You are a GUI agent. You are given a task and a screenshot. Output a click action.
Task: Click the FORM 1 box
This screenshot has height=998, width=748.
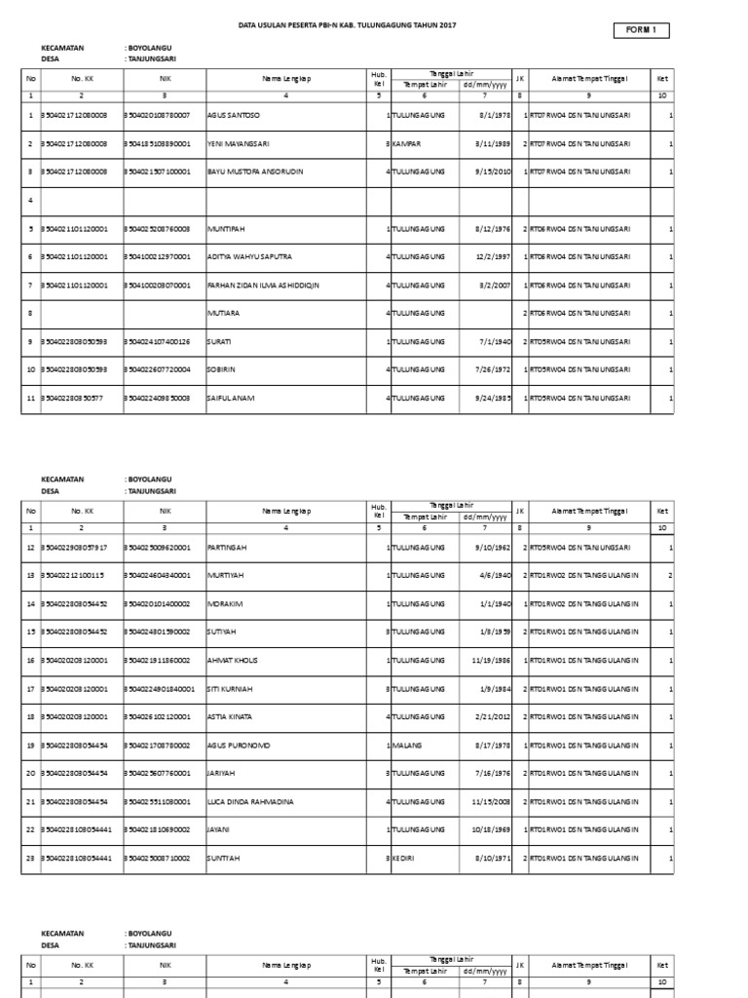(x=641, y=31)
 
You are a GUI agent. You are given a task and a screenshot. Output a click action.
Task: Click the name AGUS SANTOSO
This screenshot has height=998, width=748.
(x=234, y=115)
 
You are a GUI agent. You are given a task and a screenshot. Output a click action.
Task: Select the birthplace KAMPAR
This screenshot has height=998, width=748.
(x=407, y=143)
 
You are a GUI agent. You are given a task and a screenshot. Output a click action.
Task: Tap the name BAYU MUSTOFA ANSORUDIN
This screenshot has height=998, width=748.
(x=256, y=172)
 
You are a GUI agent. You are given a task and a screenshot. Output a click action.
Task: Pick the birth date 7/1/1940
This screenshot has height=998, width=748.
(x=493, y=341)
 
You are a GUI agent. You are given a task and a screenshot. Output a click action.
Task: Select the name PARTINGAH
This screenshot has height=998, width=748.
(x=228, y=547)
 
